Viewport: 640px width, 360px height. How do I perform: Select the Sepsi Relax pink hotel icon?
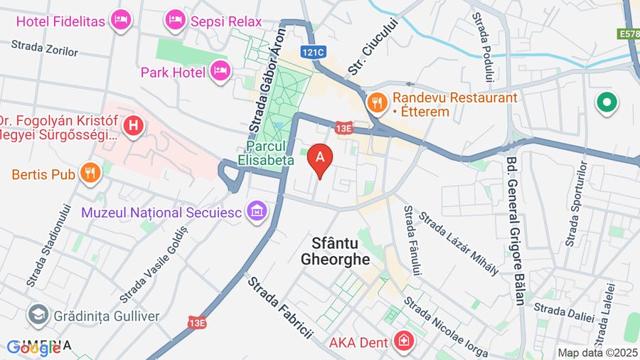(175, 21)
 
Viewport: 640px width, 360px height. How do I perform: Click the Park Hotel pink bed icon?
(221, 70)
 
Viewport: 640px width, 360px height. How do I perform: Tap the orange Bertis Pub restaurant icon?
(90, 173)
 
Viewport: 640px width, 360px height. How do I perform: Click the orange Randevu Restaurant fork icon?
(376, 102)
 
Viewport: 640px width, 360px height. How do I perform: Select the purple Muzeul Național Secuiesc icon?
(257, 211)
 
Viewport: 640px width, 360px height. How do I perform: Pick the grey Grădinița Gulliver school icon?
(38, 313)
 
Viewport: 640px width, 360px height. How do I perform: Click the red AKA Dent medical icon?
(404, 342)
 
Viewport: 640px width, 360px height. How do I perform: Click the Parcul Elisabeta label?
(266, 154)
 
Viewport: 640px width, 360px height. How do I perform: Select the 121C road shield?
(313, 52)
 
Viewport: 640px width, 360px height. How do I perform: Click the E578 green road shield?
(628, 33)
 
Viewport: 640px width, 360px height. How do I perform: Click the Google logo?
(33, 348)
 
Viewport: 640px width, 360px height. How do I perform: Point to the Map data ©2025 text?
(597, 352)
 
